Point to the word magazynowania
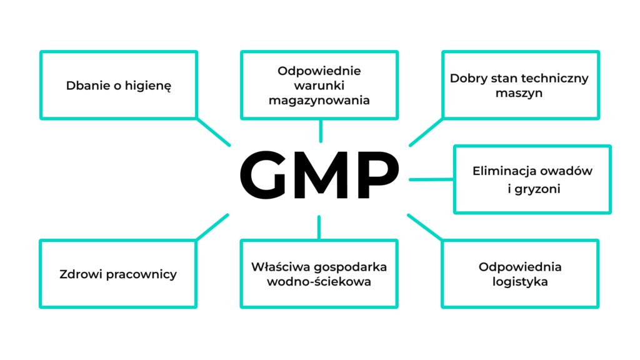pos(319,100)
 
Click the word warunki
pos(319,86)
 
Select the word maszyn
pos(519,93)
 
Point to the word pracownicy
pos(141,274)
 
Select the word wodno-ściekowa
pos(319,282)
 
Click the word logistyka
pos(519,282)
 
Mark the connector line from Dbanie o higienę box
pos(213,131)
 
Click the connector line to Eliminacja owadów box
pos(431,179)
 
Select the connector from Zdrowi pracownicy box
pos(212,227)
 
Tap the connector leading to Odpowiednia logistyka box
pos(426,227)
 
